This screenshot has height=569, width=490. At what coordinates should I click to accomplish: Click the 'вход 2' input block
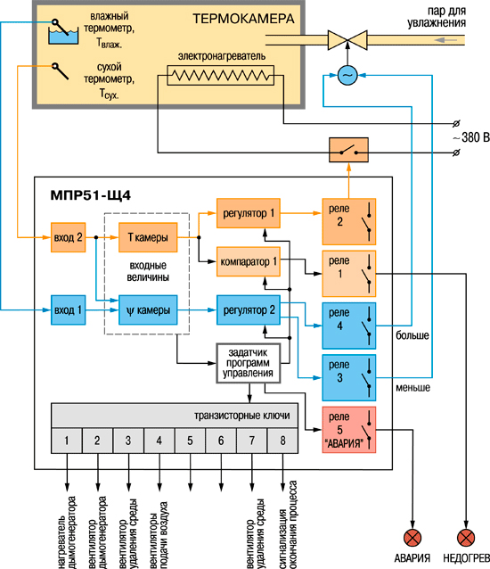click(68, 237)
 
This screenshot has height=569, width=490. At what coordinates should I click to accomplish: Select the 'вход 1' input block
click(68, 309)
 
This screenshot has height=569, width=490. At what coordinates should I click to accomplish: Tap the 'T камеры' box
click(148, 237)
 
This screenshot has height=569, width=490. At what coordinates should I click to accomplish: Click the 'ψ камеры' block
click(148, 309)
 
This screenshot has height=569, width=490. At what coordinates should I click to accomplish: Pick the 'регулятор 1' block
click(249, 213)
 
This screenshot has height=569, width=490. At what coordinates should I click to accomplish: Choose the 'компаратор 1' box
click(249, 261)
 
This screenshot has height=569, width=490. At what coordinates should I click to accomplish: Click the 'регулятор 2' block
click(249, 309)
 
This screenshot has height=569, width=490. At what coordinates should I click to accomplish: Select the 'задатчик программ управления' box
click(249, 363)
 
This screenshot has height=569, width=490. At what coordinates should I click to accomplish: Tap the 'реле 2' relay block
click(349, 221)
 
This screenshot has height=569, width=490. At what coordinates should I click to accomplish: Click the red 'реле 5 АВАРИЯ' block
click(349, 430)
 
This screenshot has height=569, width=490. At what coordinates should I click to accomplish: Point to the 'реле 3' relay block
click(349, 378)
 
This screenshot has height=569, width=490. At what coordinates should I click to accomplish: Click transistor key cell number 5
click(190, 441)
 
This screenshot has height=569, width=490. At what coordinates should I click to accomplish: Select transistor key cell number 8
click(282, 441)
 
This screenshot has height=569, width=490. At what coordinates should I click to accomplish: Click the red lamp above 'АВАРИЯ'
click(412, 538)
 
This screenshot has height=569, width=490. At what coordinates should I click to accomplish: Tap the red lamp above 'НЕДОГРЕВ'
click(466, 538)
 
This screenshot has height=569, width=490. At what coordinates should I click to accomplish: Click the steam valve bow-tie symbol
click(347, 40)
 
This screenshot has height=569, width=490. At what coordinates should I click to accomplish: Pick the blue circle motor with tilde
click(347, 76)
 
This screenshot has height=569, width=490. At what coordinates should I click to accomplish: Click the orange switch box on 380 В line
click(348, 150)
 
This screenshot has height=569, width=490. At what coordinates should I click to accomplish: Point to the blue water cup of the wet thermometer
click(63, 37)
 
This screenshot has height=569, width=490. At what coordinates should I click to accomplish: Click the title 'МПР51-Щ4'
click(91, 195)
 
